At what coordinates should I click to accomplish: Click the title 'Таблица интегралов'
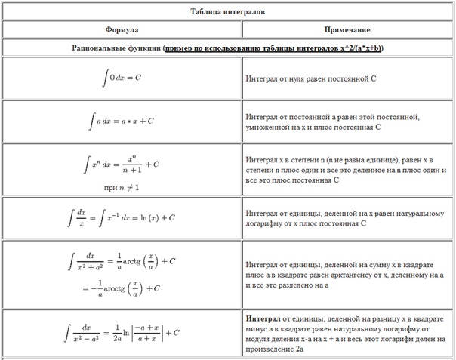tap(227, 12)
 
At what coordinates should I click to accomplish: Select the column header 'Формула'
tap(121, 29)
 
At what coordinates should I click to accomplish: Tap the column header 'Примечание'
tap(347, 29)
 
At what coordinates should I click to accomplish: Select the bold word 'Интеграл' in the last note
tap(262, 318)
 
